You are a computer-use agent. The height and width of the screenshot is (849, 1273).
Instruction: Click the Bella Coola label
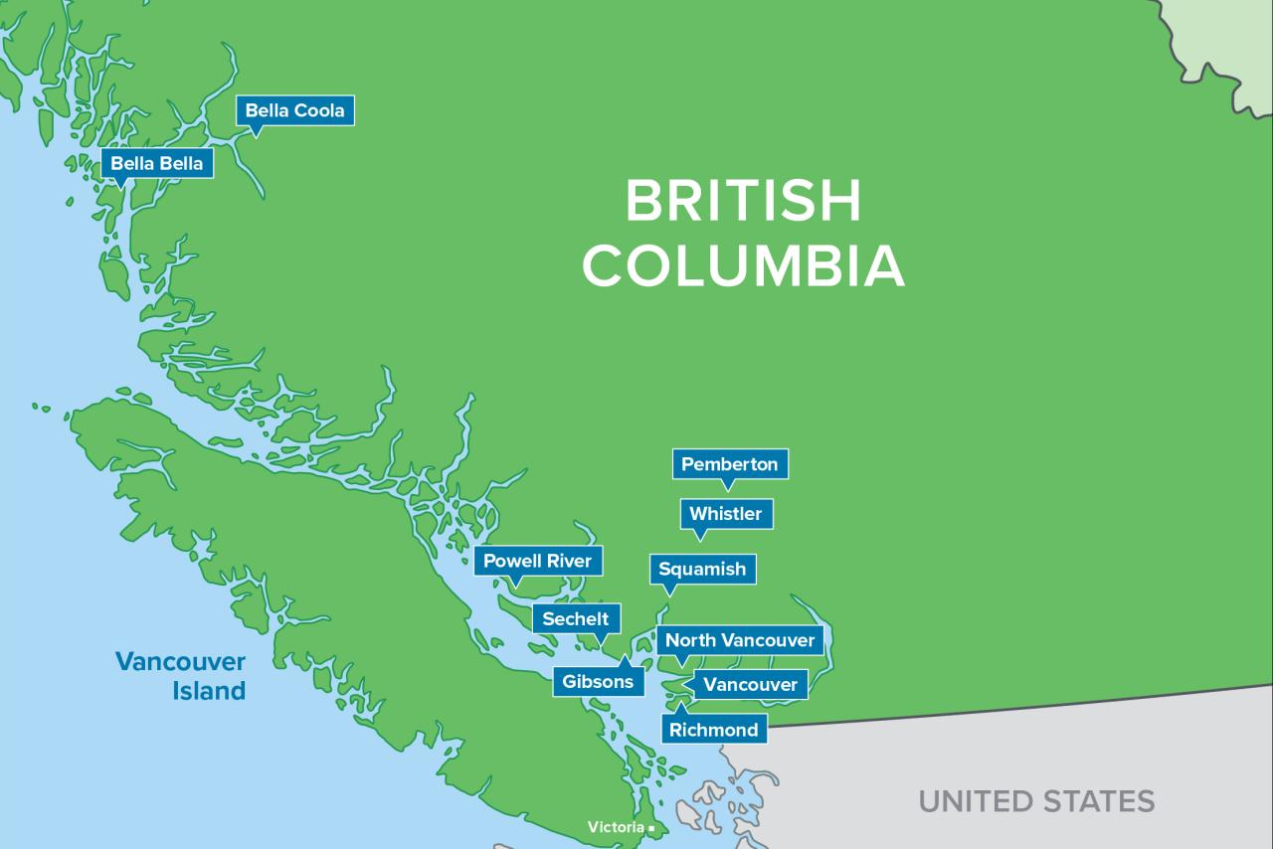coord(294,110)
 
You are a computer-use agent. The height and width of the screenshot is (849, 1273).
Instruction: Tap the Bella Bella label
coord(157,163)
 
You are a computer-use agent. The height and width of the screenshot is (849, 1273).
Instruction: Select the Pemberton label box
coord(729,464)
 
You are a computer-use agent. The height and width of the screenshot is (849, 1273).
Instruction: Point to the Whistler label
coord(725,514)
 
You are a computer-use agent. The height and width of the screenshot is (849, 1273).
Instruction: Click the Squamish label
coord(702,570)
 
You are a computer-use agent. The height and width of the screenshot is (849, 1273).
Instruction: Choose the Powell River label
coord(537,561)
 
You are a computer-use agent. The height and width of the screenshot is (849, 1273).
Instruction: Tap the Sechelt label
coord(575,618)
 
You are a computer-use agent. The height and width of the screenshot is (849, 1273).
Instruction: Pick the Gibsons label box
coord(598,682)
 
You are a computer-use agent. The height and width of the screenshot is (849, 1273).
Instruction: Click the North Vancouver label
coord(739,640)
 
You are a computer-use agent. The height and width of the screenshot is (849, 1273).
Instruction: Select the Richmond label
coord(713,730)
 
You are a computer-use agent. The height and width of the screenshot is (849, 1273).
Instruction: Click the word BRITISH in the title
coord(743,202)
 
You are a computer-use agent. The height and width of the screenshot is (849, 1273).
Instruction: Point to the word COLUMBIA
coord(743,265)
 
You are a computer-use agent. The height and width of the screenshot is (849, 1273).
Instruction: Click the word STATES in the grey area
coord(1098,801)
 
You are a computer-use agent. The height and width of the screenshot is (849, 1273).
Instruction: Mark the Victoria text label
coord(615,827)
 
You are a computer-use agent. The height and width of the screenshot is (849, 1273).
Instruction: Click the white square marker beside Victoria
coord(651,828)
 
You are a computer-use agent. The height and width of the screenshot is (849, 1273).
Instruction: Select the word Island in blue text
coord(209,691)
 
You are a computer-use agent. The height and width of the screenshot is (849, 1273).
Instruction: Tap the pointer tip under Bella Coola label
coord(256,135)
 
